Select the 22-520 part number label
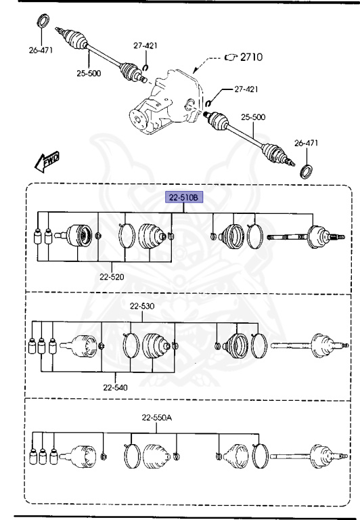tap(111, 277)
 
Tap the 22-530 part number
tap(141, 306)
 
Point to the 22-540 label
tap(116, 388)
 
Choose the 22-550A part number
tap(157, 418)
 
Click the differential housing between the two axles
tap(166, 108)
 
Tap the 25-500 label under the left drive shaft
tap(89, 74)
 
